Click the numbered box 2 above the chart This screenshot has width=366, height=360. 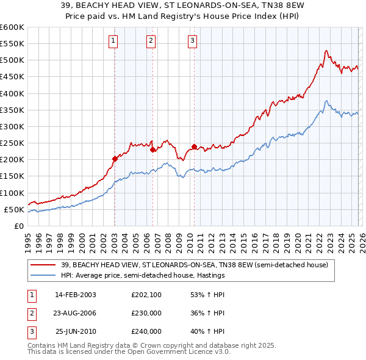[x=151, y=41]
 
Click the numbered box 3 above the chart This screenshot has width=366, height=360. [x=192, y=41]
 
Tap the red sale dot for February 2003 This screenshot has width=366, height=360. [x=115, y=159]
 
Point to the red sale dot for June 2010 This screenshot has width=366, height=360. [x=194, y=146]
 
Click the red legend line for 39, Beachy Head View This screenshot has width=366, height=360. [x=43, y=265]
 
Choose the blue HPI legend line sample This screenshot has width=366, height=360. [x=43, y=275]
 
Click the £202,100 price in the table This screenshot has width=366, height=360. [x=146, y=295]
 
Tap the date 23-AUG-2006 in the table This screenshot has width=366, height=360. [x=75, y=313]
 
